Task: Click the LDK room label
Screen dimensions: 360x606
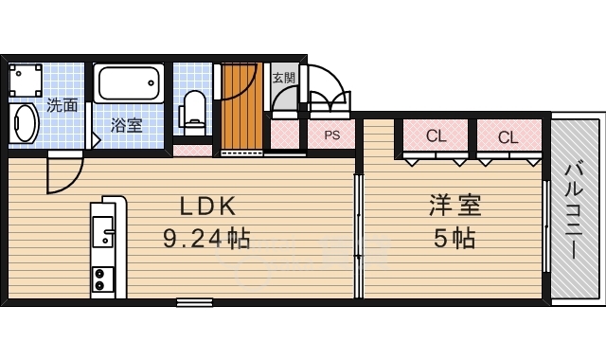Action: (x=202, y=207)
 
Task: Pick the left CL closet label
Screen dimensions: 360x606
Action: (x=436, y=136)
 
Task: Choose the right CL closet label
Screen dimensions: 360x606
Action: (x=508, y=136)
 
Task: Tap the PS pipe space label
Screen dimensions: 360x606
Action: (x=331, y=135)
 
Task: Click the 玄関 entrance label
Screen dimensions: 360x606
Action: (x=283, y=78)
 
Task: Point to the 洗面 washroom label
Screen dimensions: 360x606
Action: (x=62, y=105)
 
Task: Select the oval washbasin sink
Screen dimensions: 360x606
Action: (x=26, y=123)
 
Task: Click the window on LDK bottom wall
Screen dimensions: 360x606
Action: (x=194, y=302)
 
